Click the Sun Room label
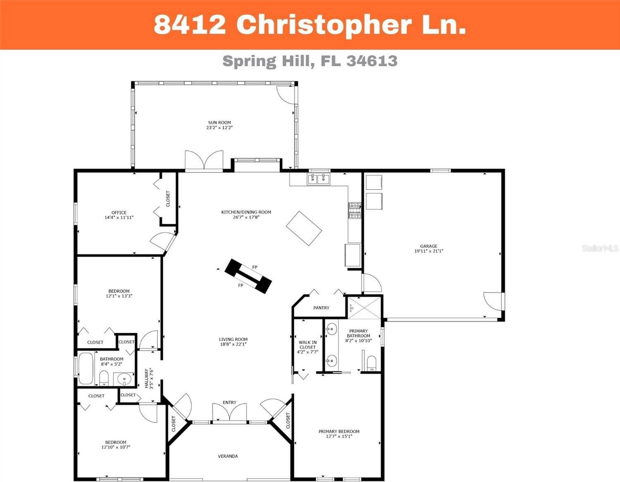coord(219,122)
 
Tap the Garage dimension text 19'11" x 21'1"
coord(429,251)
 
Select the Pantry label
coord(321,308)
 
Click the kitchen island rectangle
coord(304,228)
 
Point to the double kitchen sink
coord(318,179)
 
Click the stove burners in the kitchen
coord(354,210)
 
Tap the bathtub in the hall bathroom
coord(86,368)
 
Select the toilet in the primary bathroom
coord(371,363)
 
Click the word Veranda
coord(228,456)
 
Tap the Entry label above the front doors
coord(229,403)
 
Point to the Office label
coord(119,213)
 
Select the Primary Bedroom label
coord(339,432)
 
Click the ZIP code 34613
coord(372,61)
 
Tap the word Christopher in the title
coord(324,25)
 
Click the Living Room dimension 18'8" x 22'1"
coord(233,344)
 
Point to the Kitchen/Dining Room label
coord(246,212)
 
